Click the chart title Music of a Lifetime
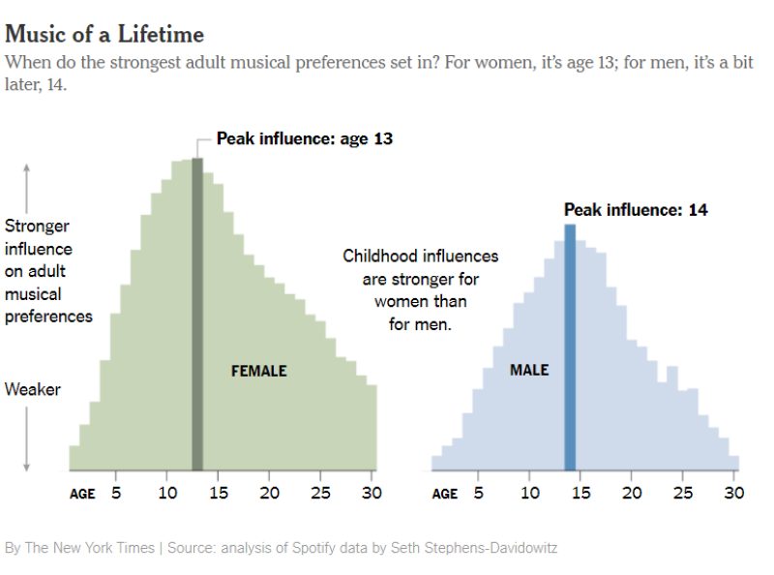pos(104,35)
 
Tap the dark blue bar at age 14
pos(570,348)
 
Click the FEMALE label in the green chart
pos(258,371)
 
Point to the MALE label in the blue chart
pos(529,371)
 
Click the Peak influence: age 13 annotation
pos(304,139)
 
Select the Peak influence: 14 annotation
pos(636,210)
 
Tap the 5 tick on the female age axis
pos(116,493)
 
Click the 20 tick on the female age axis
pos(269,493)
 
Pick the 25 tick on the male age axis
pos(683,493)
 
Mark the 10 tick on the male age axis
pos(530,493)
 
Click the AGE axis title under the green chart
pos(82,494)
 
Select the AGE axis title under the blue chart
pos(445,494)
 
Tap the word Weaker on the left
pos(33,390)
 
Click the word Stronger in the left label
pos(37,227)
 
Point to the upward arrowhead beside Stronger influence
pos(27,166)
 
